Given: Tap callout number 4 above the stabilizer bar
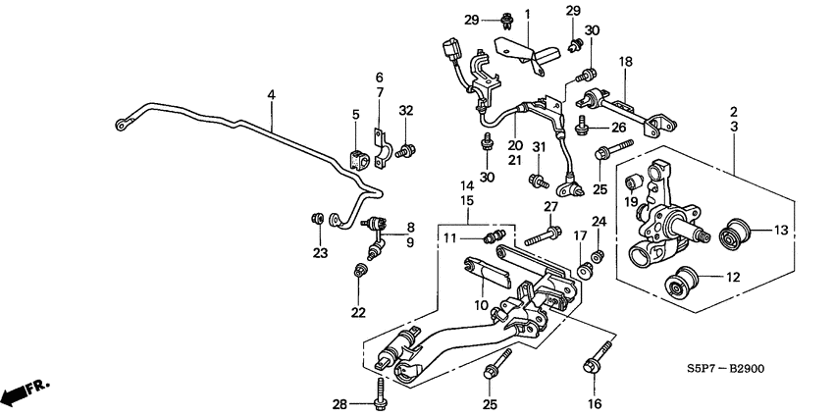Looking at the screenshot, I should [271, 95].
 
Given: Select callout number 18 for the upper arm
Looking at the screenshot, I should [624, 62].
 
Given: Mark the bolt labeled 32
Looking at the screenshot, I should [411, 150].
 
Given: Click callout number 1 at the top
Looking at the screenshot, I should [526, 14].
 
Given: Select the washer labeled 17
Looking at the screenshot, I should [585, 266].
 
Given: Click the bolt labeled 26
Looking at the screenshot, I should [584, 124].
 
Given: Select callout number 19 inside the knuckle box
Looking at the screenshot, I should [631, 203].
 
